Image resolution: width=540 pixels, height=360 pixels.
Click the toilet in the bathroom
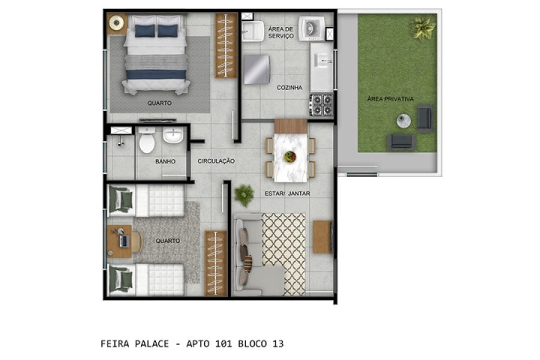147,142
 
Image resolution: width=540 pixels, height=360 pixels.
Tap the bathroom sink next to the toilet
173,136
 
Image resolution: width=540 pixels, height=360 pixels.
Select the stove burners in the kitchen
321,105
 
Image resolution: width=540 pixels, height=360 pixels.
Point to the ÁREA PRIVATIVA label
391,99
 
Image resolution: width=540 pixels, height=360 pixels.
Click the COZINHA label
289,88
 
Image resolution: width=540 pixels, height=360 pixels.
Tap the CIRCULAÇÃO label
216,161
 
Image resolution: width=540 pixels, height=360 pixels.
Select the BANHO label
165,161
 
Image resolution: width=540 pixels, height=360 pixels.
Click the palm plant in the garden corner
422,26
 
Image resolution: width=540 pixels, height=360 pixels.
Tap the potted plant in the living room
244,194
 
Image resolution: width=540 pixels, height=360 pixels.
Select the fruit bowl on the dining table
290,157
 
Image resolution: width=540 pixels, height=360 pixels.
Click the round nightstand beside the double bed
116,23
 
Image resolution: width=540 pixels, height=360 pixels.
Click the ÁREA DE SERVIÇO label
281,32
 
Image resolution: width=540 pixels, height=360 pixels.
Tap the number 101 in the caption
221,344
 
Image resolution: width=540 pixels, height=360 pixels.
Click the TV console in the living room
322,237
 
